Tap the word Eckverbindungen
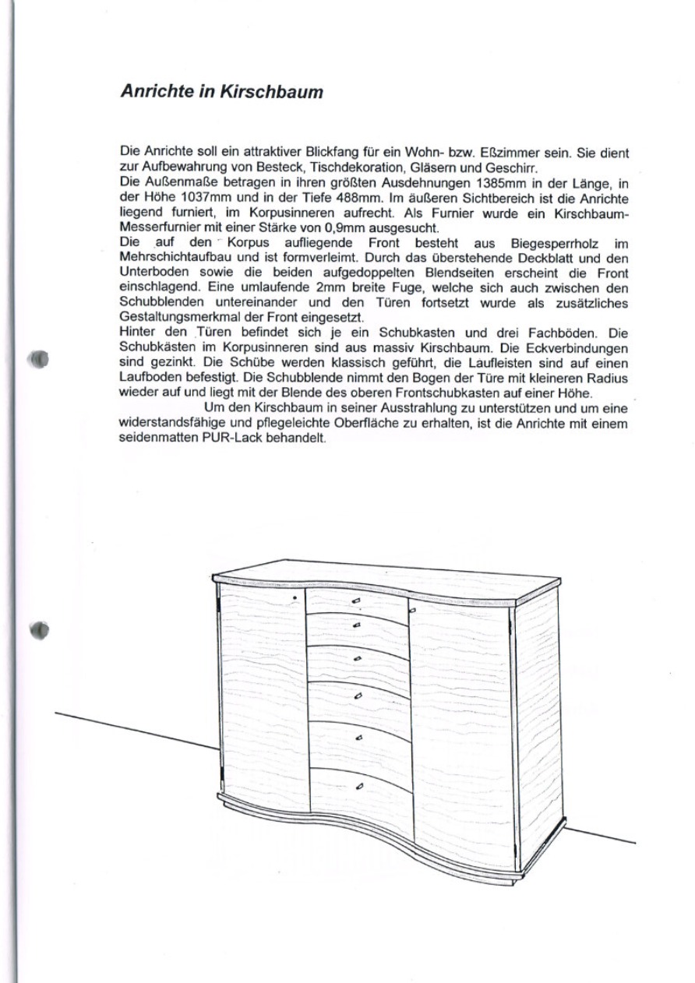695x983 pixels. click(578, 347)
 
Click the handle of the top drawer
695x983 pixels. click(357, 600)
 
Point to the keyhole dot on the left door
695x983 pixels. click(295, 597)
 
